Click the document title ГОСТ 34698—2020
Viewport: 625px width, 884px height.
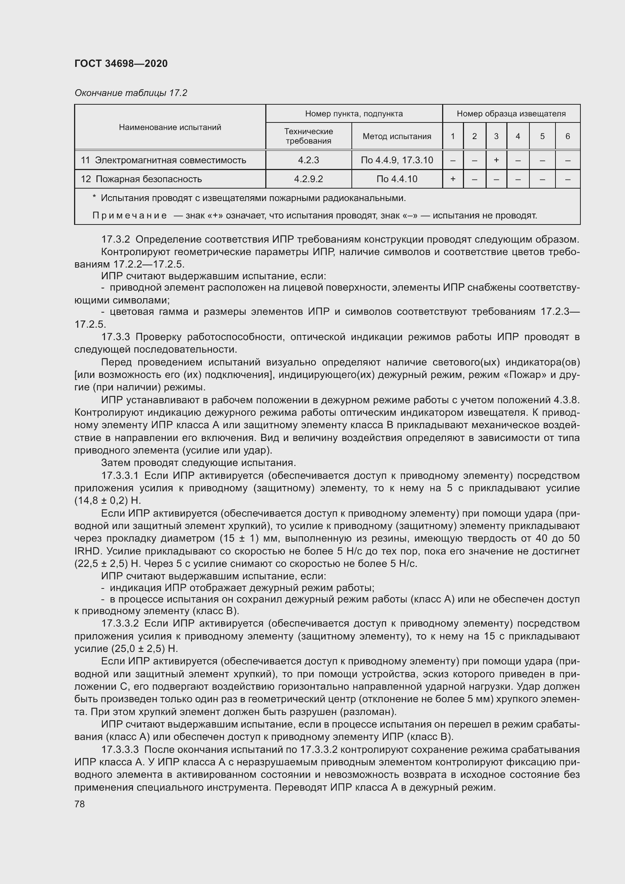(121, 63)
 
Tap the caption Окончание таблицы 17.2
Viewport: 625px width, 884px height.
(131, 93)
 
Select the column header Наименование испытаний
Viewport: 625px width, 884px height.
(170, 127)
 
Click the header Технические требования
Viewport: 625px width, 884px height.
(308, 136)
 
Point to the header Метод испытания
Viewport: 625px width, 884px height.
(397, 136)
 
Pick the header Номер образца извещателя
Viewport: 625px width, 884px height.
(511, 114)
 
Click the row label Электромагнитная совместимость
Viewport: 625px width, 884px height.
(170, 160)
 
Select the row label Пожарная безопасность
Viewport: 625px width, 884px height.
(149, 179)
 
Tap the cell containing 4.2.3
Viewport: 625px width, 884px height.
(308, 160)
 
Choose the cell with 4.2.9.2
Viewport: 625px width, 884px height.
(308, 179)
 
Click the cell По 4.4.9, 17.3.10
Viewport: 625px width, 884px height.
(397, 160)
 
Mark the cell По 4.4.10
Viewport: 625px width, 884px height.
(397, 179)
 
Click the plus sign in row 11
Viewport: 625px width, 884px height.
(496, 160)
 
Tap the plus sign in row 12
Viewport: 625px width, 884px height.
(453, 179)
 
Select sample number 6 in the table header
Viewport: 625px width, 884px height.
(567, 136)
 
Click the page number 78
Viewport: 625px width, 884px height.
(80, 804)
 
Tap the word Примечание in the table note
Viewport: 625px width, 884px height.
(129, 215)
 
